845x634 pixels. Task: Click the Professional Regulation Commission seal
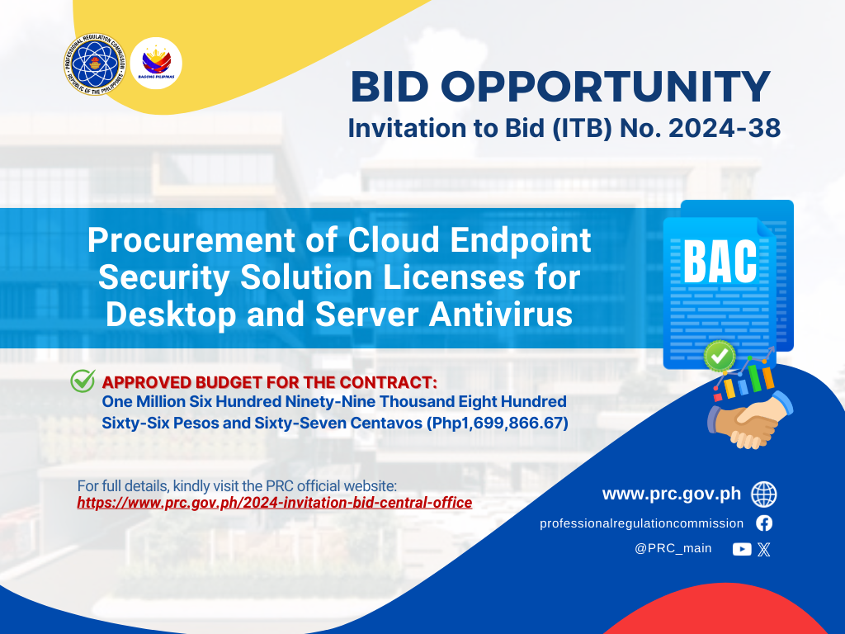point(95,64)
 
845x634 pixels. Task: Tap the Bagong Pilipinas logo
point(156,63)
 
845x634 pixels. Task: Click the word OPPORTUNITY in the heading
point(606,87)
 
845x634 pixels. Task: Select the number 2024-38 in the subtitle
point(725,128)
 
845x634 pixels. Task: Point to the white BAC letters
point(720,262)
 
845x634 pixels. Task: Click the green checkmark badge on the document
point(720,356)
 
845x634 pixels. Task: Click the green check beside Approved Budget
point(83,381)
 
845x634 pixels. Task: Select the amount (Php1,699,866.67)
point(497,423)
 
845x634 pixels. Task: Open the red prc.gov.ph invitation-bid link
point(274,503)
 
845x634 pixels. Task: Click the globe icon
point(763,494)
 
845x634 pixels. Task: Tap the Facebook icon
point(763,523)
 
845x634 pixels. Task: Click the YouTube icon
point(742,549)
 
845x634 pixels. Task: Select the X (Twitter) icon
point(763,549)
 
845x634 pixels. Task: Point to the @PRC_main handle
point(673,548)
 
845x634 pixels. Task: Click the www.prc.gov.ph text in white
point(672,494)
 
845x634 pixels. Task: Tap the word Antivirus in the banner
point(501,315)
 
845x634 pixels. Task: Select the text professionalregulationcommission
point(641,523)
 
